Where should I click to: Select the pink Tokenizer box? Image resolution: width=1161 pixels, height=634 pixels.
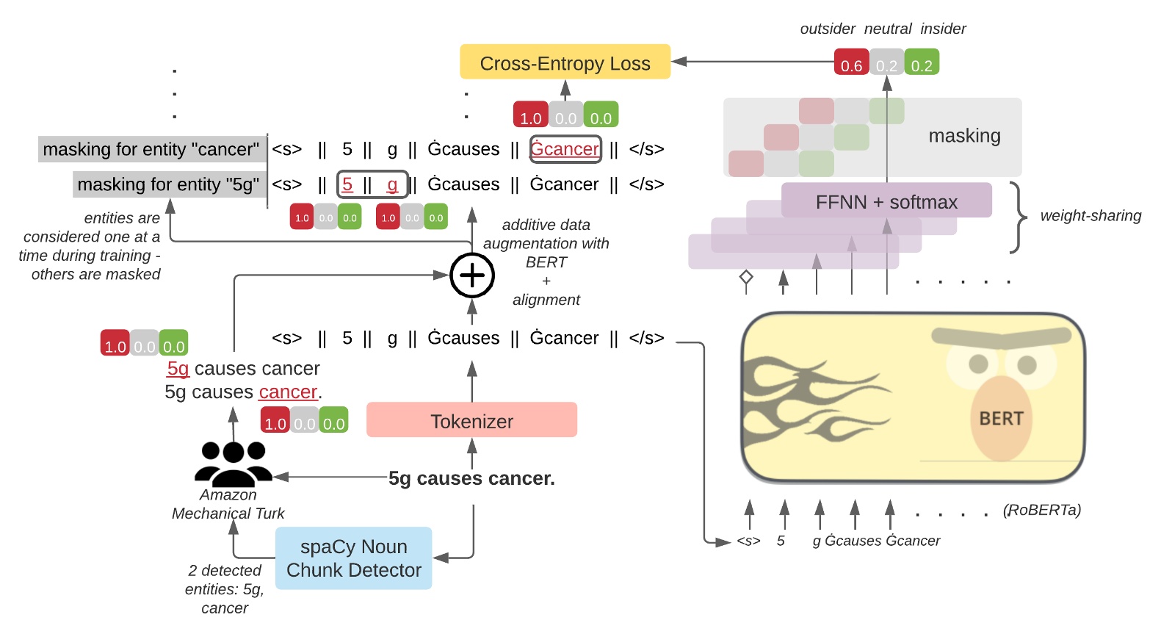coord(471,420)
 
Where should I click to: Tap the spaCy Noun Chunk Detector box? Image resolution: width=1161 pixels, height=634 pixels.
coord(353,558)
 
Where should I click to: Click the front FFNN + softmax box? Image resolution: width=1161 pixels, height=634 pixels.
coord(886,201)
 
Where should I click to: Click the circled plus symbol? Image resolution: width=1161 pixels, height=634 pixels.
coord(471,275)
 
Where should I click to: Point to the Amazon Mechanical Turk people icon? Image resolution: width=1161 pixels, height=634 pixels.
coord(234,464)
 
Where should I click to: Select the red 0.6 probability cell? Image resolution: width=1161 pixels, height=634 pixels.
coord(851,62)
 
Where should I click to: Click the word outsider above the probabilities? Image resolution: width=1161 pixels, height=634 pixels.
coord(828,29)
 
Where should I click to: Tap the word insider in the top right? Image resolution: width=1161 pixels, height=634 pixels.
coord(943,29)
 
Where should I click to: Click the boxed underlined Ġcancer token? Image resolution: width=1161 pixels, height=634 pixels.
coord(565,149)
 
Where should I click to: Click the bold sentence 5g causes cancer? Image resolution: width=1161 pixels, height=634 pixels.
coord(471,478)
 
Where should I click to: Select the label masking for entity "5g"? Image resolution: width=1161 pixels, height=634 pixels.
coord(168,184)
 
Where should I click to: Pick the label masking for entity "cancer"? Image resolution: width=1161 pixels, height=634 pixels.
coord(151,149)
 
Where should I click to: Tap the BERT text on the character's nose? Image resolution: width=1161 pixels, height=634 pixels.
coord(1001,418)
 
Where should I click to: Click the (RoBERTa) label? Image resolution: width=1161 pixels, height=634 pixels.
coord(1041,510)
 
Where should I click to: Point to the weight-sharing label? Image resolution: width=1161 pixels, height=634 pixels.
coord(1091,216)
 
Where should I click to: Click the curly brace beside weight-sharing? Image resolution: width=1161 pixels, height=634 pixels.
coord(1018,217)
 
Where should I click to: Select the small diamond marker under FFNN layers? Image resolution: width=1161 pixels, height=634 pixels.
coord(746,277)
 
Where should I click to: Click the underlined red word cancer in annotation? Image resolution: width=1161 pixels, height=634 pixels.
coord(288,392)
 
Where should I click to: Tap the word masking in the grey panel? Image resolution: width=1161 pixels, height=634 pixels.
coord(964,136)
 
